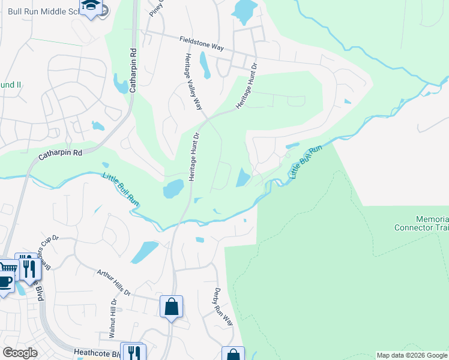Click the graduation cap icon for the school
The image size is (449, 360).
(91, 5)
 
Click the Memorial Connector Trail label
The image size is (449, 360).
(421, 223)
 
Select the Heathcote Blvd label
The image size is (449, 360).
(97, 353)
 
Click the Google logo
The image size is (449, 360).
(20, 353)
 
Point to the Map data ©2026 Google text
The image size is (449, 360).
(412, 355)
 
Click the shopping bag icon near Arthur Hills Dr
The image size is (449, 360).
(172, 307)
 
